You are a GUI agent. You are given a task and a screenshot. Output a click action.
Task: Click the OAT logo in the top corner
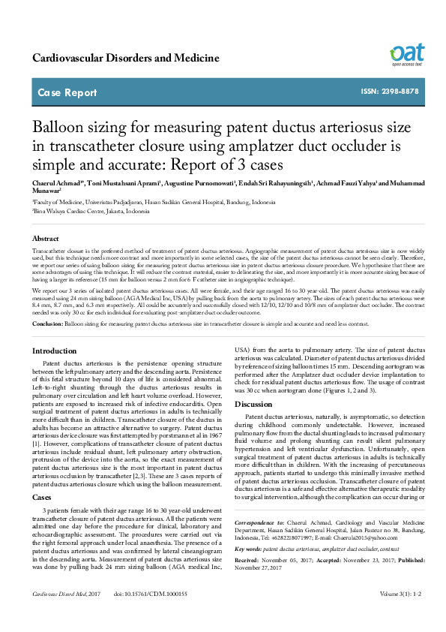coord(406,54)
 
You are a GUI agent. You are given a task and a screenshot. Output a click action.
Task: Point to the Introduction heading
coord(54,351)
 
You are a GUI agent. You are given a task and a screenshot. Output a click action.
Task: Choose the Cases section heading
coord(41,476)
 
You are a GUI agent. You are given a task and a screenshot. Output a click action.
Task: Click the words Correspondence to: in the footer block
coord(258,541)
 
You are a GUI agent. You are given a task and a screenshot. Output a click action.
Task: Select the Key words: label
coord(248,570)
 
